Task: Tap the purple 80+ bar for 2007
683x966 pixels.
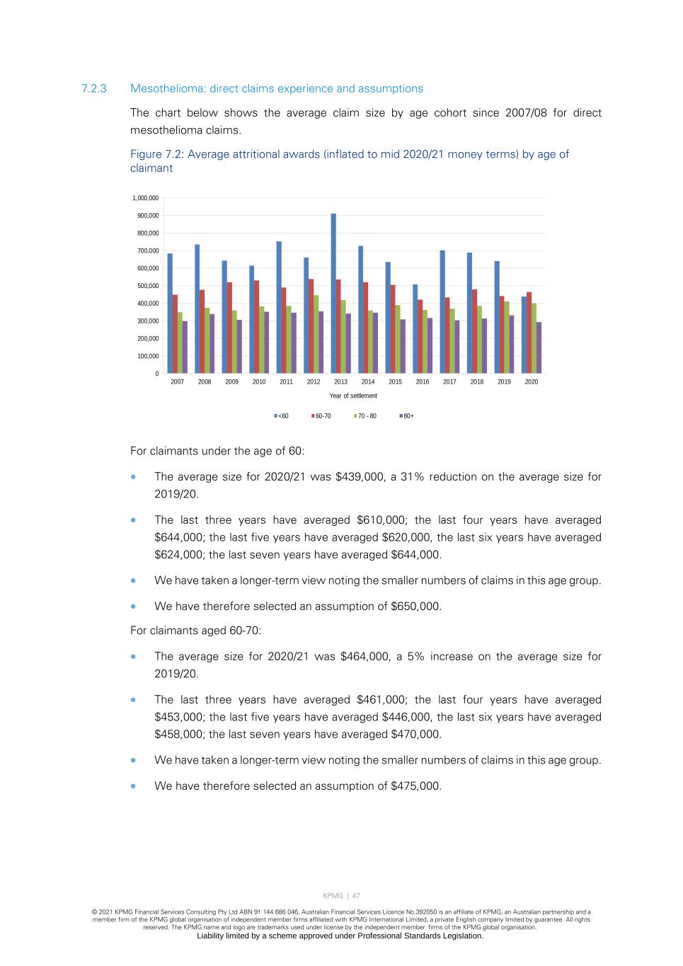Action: pos(185,347)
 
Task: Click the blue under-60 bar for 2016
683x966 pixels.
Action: pos(415,329)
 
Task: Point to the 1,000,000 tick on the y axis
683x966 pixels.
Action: pos(145,198)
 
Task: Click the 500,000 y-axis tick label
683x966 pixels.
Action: pos(148,286)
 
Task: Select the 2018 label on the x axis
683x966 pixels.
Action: pos(477,382)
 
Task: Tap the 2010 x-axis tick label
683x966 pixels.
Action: pos(259,382)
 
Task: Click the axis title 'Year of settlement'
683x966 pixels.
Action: pos(353,396)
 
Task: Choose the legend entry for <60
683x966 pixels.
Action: pos(282,416)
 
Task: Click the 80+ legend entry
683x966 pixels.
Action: pos(407,416)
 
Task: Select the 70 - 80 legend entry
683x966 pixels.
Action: pos(365,416)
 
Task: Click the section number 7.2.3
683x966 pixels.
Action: pos(94,88)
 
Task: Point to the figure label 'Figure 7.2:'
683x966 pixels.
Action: pos(157,154)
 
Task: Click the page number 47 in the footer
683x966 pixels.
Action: pos(356,896)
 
